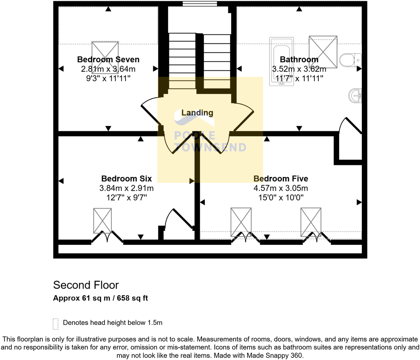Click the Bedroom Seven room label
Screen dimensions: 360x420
coord(108,60)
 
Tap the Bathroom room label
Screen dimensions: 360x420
coord(299,60)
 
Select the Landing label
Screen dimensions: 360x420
coord(197,113)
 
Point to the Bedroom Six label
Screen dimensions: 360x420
coord(127,178)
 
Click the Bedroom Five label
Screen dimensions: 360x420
coord(281,178)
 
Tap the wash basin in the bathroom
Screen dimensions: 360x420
coord(355,96)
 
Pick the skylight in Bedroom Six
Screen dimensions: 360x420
coord(102,221)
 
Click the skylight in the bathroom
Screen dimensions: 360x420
coord(323,52)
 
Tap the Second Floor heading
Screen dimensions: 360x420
coord(86,285)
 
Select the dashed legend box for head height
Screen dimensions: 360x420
coord(55,323)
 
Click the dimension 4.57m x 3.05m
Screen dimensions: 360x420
coord(281,188)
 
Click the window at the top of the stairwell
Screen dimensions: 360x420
coord(200,4)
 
